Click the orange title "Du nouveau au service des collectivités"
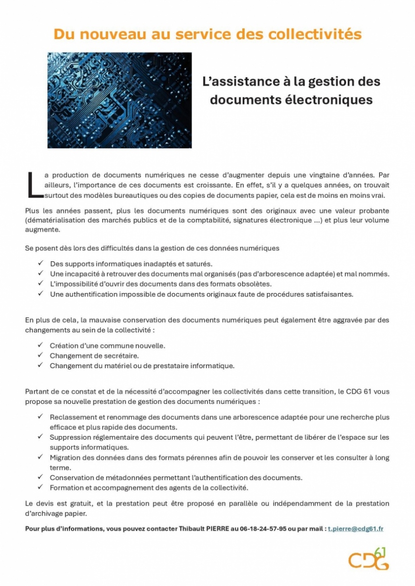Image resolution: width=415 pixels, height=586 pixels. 207,34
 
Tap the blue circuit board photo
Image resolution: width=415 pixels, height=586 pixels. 119,100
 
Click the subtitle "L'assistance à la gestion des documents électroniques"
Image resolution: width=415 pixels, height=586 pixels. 291,91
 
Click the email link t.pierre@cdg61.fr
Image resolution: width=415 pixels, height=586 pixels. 356,529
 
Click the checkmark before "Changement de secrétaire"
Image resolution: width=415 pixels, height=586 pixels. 41,356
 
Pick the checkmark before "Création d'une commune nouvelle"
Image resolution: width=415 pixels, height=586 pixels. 41,346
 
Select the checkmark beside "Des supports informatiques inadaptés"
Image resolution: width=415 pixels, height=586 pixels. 41,264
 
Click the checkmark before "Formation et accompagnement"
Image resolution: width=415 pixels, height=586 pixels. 41,488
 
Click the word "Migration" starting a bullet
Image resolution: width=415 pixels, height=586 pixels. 65,457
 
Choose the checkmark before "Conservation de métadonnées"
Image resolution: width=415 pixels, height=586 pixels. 41,478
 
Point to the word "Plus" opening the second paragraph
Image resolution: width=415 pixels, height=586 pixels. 32,211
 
